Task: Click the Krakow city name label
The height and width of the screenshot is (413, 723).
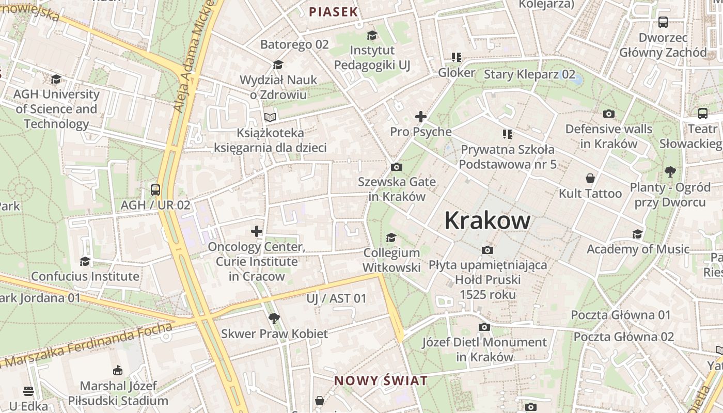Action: point(487,220)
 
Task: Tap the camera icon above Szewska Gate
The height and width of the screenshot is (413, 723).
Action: point(397,167)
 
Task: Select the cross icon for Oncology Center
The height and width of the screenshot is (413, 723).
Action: point(257,231)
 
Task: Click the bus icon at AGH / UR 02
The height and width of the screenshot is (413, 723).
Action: point(155,189)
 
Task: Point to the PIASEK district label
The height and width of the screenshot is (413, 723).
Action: point(333,12)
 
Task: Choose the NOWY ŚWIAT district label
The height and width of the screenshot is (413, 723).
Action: point(381,381)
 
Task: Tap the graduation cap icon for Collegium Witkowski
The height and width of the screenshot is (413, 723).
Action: point(391,237)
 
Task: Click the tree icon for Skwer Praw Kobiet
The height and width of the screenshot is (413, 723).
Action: point(274,319)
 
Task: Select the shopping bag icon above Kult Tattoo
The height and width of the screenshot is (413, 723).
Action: point(590,179)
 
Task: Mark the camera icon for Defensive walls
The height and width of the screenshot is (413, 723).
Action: point(609,114)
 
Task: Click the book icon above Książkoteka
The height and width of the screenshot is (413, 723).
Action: point(270,117)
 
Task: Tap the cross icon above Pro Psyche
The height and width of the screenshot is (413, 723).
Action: point(421,117)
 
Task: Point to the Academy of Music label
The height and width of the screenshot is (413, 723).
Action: point(638,249)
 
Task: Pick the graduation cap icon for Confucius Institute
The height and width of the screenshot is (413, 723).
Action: point(85,261)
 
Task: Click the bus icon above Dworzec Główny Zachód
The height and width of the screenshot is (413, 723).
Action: point(663,22)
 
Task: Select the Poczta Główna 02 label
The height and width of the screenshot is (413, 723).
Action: point(624,337)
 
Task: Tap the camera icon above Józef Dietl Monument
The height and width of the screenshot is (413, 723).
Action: point(484,327)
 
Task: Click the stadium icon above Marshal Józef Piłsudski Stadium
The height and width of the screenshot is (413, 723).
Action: point(118,370)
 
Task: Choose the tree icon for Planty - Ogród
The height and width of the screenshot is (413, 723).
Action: point(670,171)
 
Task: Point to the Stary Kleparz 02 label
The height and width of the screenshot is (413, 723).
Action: point(529,74)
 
